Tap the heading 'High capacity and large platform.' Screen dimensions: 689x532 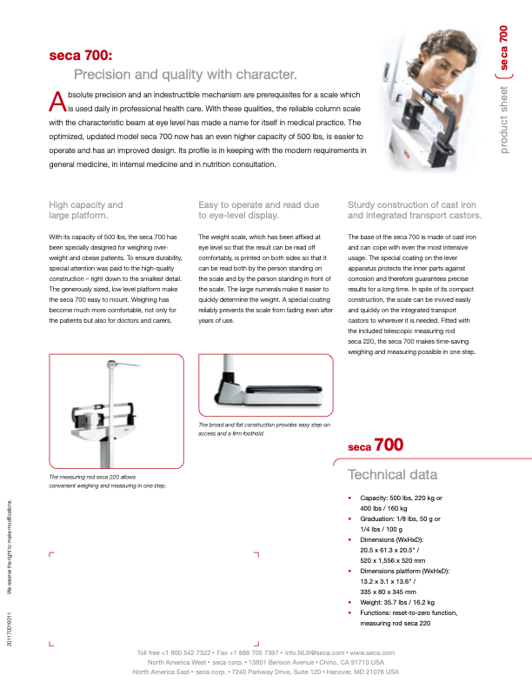(86, 210)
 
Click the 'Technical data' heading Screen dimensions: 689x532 (392, 474)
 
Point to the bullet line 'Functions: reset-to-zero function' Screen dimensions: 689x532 (408, 612)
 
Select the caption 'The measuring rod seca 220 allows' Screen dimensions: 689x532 (92, 478)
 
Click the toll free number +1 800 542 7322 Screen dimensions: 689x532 (185, 652)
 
